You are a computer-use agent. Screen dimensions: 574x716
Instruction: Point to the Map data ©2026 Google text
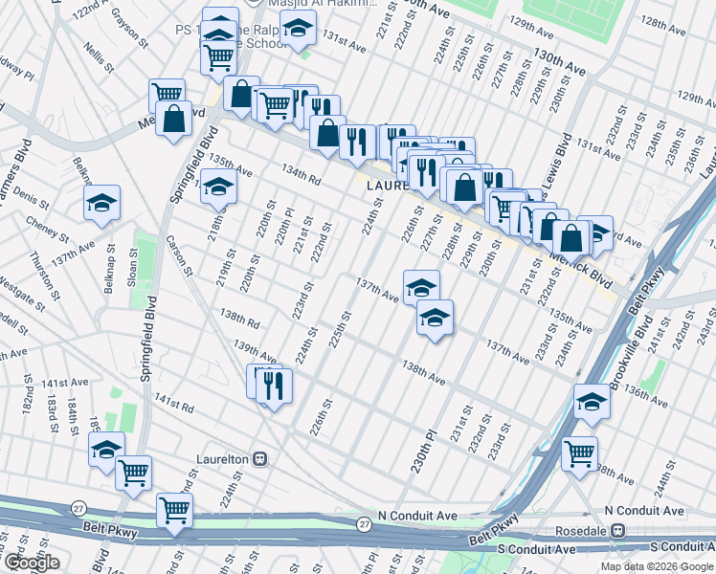pyautogui.click(x=656, y=566)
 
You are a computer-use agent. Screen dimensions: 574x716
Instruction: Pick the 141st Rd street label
pyautogui.click(x=175, y=407)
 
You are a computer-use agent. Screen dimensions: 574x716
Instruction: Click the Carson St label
pyautogui.click(x=180, y=255)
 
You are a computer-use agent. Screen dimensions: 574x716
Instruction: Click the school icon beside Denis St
pyautogui.click(x=101, y=203)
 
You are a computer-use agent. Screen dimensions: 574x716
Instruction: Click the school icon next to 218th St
pyautogui.click(x=219, y=186)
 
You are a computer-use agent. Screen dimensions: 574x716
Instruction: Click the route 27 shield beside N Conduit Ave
pyautogui.click(x=364, y=524)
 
